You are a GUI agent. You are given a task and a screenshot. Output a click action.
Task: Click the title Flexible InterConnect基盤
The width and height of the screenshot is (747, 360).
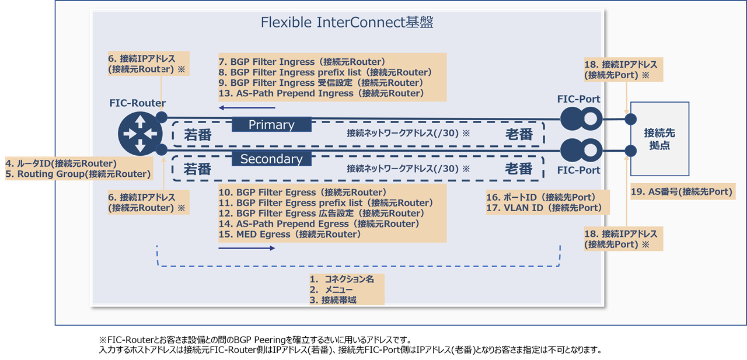pyautogui.click(x=347, y=23)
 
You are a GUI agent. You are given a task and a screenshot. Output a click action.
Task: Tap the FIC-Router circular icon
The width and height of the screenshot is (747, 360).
pyautogui.click(x=139, y=133)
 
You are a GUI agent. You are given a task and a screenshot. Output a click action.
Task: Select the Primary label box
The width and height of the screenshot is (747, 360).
pyautogui.click(x=271, y=125)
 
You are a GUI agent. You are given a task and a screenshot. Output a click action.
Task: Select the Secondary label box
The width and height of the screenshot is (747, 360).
pyautogui.click(x=271, y=159)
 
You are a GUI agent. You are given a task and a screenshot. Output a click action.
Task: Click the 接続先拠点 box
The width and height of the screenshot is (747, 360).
pyautogui.click(x=659, y=139)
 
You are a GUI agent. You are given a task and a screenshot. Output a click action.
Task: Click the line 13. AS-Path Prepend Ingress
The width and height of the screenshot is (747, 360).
pyautogui.click(x=320, y=93)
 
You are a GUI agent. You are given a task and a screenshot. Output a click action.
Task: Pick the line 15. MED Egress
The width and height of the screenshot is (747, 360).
pyautogui.click(x=289, y=235)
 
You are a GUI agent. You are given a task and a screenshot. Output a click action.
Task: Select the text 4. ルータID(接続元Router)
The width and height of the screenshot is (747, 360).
pyautogui.click(x=61, y=163)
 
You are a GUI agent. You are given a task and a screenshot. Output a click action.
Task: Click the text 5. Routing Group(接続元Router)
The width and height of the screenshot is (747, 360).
pyautogui.click(x=78, y=174)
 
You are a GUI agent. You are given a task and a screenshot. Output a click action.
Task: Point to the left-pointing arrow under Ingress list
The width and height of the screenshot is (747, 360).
pyautogui.click(x=247, y=108)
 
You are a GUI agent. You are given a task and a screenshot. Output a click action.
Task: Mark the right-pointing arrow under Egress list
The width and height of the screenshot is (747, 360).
pyautogui.click(x=247, y=248)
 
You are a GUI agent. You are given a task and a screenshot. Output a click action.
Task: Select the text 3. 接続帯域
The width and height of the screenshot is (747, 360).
pyautogui.click(x=334, y=300)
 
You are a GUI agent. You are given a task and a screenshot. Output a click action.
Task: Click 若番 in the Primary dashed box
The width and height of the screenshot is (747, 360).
pyautogui.click(x=197, y=135)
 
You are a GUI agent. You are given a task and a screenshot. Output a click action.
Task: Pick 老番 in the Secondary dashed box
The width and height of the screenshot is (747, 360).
pyautogui.click(x=518, y=169)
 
